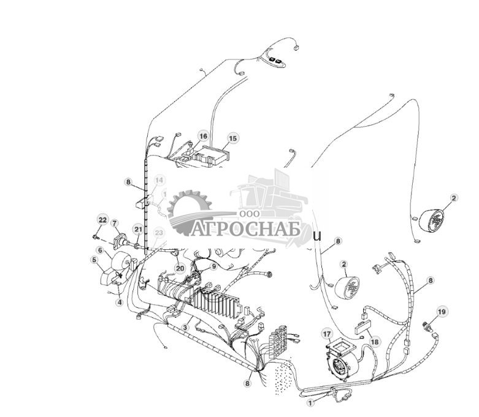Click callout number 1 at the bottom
310,402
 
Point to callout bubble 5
94,260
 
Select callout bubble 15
232,139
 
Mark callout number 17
327,334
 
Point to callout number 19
441,312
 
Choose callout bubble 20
180,268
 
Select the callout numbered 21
139,230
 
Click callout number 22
103,220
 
